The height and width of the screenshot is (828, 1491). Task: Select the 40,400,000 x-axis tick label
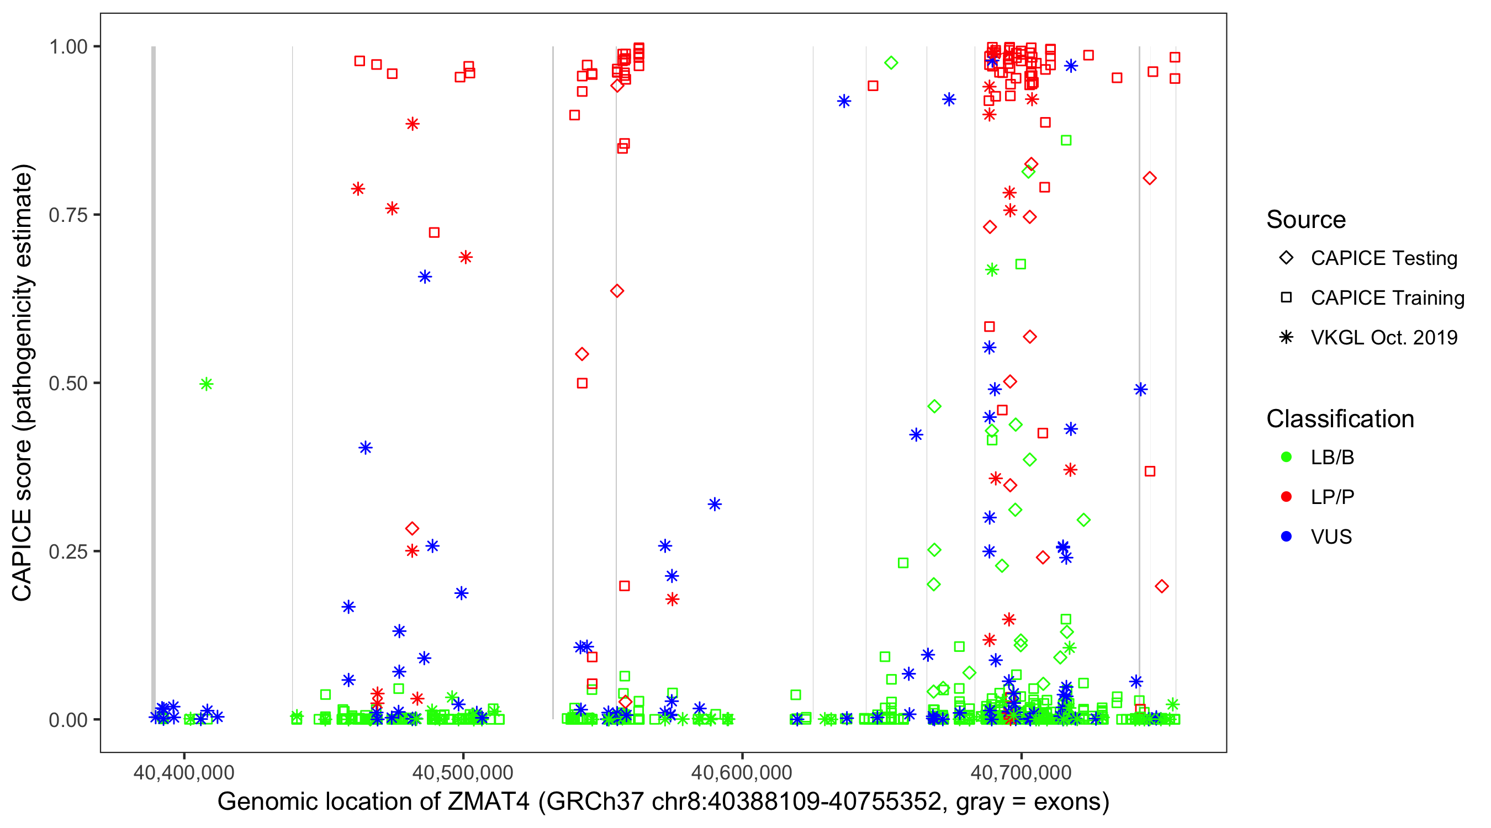click(184, 773)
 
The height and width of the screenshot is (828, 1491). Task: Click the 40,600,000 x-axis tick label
click(742, 773)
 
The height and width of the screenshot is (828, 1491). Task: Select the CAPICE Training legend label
click(1387, 298)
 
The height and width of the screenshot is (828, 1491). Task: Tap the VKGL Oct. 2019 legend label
click(1384, 338)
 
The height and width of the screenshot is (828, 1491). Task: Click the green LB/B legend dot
click(1287, 458)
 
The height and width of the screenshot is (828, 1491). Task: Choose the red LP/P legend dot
click(1287, 497)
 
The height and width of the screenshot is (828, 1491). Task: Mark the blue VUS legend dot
click(1287, 537)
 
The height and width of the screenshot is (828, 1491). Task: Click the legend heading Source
click(1306, 220)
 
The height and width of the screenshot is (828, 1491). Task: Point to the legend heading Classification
click(1340, 419)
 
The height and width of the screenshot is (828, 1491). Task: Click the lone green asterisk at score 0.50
click(207, 384)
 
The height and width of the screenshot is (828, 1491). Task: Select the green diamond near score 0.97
click(891, 63)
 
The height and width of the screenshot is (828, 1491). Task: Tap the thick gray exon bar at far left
click(154, 382)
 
